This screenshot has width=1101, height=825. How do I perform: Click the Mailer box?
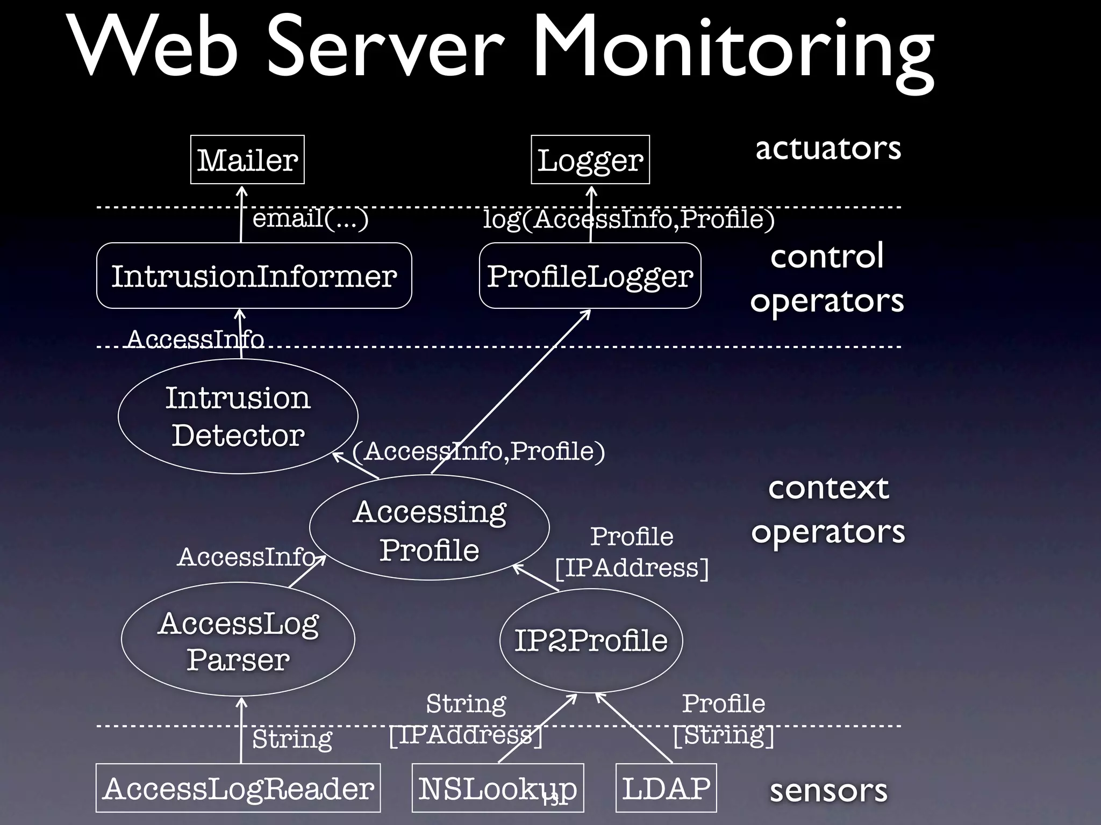[247, 160]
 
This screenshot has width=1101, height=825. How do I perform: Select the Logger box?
[590, 160]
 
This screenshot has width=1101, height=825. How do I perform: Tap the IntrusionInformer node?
[254, 276]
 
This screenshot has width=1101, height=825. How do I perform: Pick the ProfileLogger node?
[590, 276]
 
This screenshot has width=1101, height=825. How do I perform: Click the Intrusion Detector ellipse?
[238, 416]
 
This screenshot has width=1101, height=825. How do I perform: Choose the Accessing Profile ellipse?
[429, 529]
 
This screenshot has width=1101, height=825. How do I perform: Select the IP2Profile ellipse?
[591, 640]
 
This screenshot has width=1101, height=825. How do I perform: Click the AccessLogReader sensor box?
[238, 788]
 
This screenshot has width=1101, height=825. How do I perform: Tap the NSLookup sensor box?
[497, 788]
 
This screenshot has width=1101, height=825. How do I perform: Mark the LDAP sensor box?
[666, 788]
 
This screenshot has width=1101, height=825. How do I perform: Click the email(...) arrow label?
[310, 219]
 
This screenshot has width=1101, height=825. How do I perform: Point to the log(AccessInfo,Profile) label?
[629, 219]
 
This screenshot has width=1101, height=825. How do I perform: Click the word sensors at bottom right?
[828, 790]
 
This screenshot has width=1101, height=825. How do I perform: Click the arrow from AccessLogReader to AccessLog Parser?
[241, 730]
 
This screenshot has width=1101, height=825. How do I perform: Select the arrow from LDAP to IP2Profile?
[634, 728]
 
